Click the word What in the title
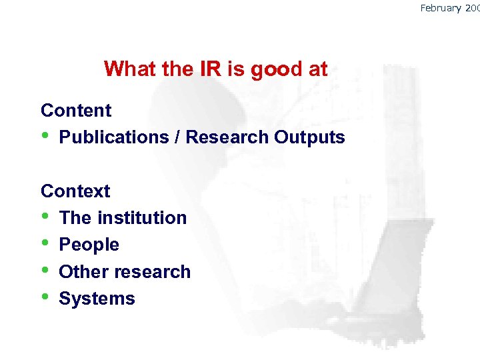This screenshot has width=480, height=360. pyautogui.click(x=127, y=69)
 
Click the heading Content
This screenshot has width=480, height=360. pyautogui.click(x=76, y=110)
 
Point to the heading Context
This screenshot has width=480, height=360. pyautogui.click(x=75, y=191)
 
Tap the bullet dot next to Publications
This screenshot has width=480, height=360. pyautogui.click(x=45, y=137)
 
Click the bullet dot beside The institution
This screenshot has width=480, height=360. pyautogui.click(x=45, y=217)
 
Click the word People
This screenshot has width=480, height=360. pyautogui.click(x=89, y=245)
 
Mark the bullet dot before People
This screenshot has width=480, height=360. pyautogui.click(x=45, y=245)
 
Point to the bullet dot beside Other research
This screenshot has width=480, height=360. pyautogui.click(x=45, y=271)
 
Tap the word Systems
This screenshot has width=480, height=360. pyautogui.click(x=97, y=299)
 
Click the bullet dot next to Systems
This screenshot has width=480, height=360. pyautogui.click(x=45, y=298)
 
